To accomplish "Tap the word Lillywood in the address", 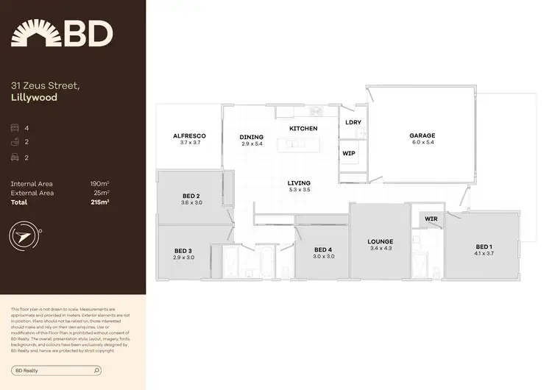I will (34, 97).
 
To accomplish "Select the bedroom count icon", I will (15, 127).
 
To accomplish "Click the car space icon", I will (15, 157).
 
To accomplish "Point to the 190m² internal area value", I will (99, 183).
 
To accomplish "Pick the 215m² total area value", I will (99, 202).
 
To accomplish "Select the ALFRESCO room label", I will (189, 136).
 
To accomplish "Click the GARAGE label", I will (422, 135).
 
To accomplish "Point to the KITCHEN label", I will (303, 129).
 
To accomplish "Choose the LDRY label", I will (353, 122).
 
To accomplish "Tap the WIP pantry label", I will (349, 153).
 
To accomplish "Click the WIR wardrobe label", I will (431, 219).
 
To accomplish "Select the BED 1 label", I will (484, 247).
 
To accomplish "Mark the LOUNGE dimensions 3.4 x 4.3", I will (381, 248).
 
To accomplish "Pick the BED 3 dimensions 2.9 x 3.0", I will (183, 258).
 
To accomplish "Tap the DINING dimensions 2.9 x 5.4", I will (252, 143).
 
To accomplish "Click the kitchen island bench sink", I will (294, 143).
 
